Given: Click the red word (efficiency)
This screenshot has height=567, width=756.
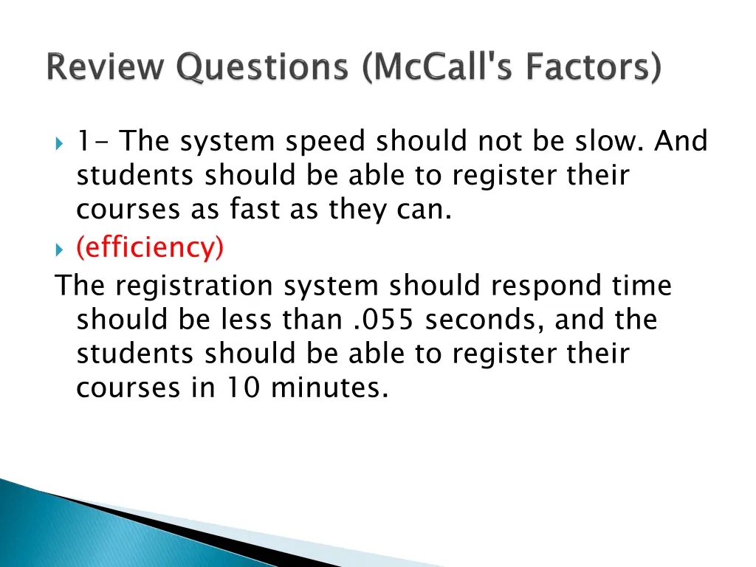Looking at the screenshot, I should pyautogui.click(x=150, y=247).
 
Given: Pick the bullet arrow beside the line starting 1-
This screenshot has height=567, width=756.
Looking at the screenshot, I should pyautogui.click(x=60, y=142).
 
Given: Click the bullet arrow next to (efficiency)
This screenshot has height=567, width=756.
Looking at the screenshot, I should pyautogui.click(x=60, y=250).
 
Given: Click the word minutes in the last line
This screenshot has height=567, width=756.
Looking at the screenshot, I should pyautogui.click(x=330, y=388).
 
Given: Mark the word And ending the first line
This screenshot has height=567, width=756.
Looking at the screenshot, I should pyautogui.click(x=680, y=140).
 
